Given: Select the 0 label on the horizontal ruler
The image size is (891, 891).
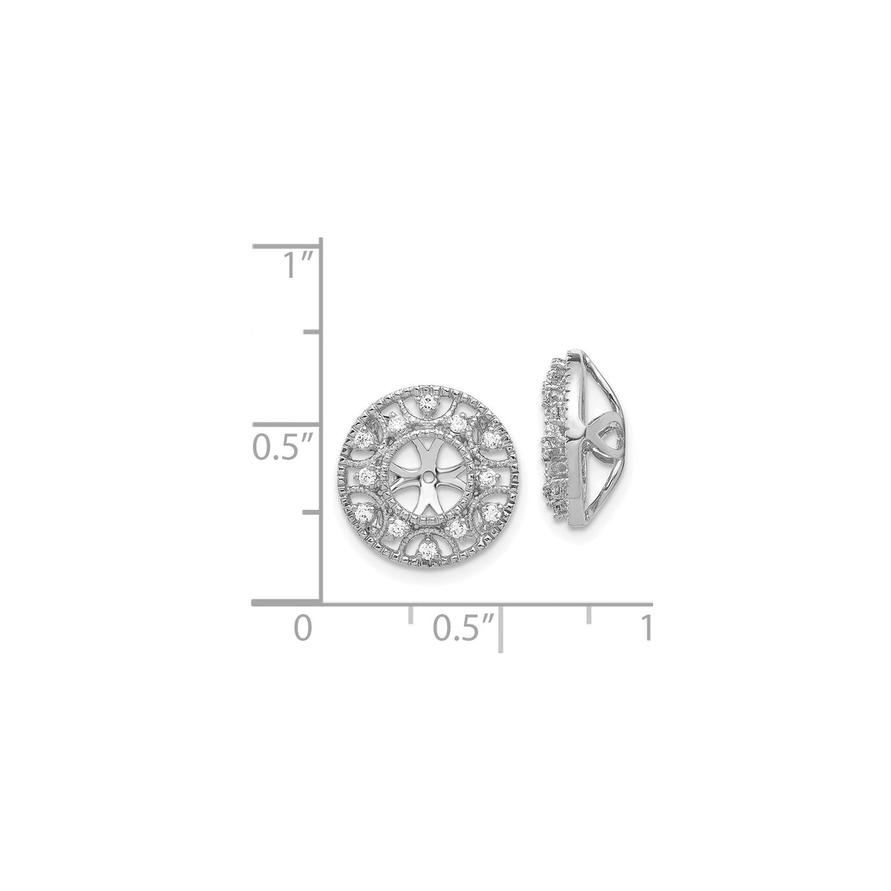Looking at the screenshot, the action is [x=303, y=628].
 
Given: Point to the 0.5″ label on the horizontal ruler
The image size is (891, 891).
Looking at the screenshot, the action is [x=464, y=628].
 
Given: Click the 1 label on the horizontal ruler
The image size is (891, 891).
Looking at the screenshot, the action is [x=648, y=628].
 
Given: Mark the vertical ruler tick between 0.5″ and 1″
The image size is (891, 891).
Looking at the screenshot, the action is [x=313, y=332].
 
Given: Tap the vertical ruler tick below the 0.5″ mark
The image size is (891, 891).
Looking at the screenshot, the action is [x=312, y=513].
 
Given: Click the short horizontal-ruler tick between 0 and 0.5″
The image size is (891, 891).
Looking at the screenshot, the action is [x=410, y=614].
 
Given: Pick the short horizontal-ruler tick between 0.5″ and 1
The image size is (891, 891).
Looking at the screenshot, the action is [x=589, y=614].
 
